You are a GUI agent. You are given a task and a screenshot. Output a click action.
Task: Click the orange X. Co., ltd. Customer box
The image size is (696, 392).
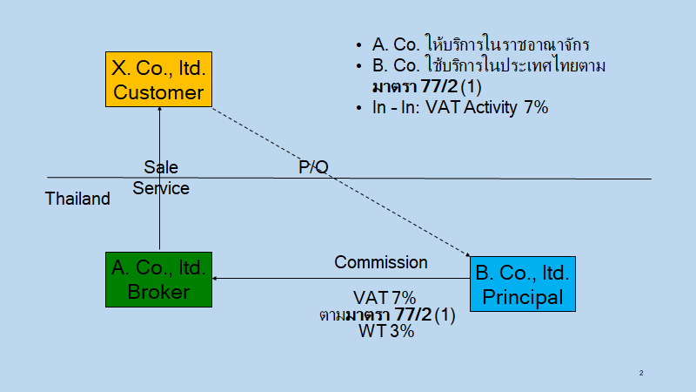(159, 79)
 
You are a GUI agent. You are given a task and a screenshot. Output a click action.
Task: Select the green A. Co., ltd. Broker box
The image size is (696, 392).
(159, 279)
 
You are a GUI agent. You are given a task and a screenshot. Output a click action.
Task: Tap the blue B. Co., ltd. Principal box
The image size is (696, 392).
(521, 284)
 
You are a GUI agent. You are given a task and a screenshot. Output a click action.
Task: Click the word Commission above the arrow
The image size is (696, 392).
(381, 262)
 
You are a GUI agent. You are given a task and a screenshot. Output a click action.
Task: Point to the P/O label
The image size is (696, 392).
(313, 167)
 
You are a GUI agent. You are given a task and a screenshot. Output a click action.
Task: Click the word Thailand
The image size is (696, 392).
(77, 199)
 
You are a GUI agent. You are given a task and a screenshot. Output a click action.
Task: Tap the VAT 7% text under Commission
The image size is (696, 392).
(385, 298)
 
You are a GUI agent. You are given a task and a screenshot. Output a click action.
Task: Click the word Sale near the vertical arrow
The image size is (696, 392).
(161, 167)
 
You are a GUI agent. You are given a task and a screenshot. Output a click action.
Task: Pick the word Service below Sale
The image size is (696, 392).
(161, 187)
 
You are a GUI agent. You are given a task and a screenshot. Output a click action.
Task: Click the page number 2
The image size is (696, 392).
(641, 373)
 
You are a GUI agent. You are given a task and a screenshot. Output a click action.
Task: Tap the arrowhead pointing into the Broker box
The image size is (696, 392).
(217, 279)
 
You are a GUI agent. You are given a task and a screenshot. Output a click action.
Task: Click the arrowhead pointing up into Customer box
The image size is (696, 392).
(159, 110)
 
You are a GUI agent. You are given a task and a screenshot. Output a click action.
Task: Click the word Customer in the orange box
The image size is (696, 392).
(159, 91)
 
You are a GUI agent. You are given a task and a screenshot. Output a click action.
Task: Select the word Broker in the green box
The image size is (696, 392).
(159, 292)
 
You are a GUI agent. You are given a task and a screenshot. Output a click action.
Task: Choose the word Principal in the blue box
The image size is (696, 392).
(521, 297)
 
